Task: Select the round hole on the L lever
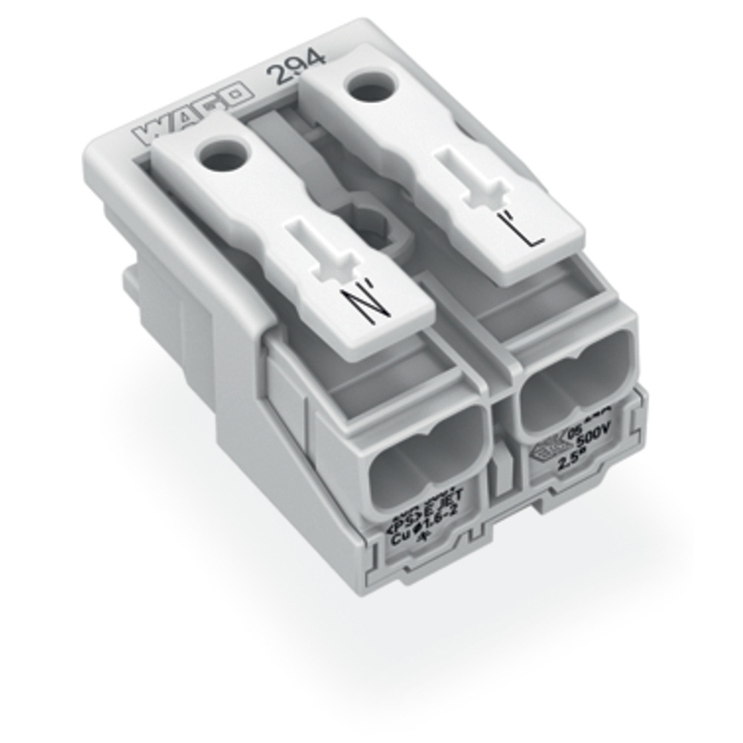pos(369,91)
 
